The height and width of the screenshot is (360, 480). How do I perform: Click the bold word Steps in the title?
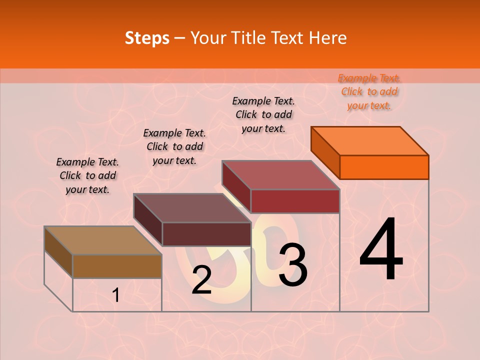[147, 38]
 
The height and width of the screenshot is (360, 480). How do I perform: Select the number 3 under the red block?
[292, 264]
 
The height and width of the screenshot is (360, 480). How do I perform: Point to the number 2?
[201, 280]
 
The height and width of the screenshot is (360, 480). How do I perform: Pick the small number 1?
[115, 295]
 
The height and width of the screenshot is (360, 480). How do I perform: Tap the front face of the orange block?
[384, 167]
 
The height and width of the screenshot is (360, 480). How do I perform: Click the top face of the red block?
[281, 175]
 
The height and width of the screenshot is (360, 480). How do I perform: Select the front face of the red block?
[295, 201]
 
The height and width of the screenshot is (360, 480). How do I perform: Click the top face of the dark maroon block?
[192, 208]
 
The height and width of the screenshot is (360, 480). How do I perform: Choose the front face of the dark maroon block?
[206, 234]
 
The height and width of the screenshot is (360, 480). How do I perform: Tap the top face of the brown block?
[103, 240]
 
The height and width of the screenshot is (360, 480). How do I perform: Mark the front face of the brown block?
[117, 266]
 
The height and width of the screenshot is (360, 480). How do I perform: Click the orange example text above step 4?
[369, 92]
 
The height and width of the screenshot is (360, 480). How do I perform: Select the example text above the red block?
[263, 114]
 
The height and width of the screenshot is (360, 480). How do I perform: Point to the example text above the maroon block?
[174, 146]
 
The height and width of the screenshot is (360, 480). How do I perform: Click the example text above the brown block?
[87, 175]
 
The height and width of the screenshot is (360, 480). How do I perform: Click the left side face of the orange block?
[325, 153]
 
